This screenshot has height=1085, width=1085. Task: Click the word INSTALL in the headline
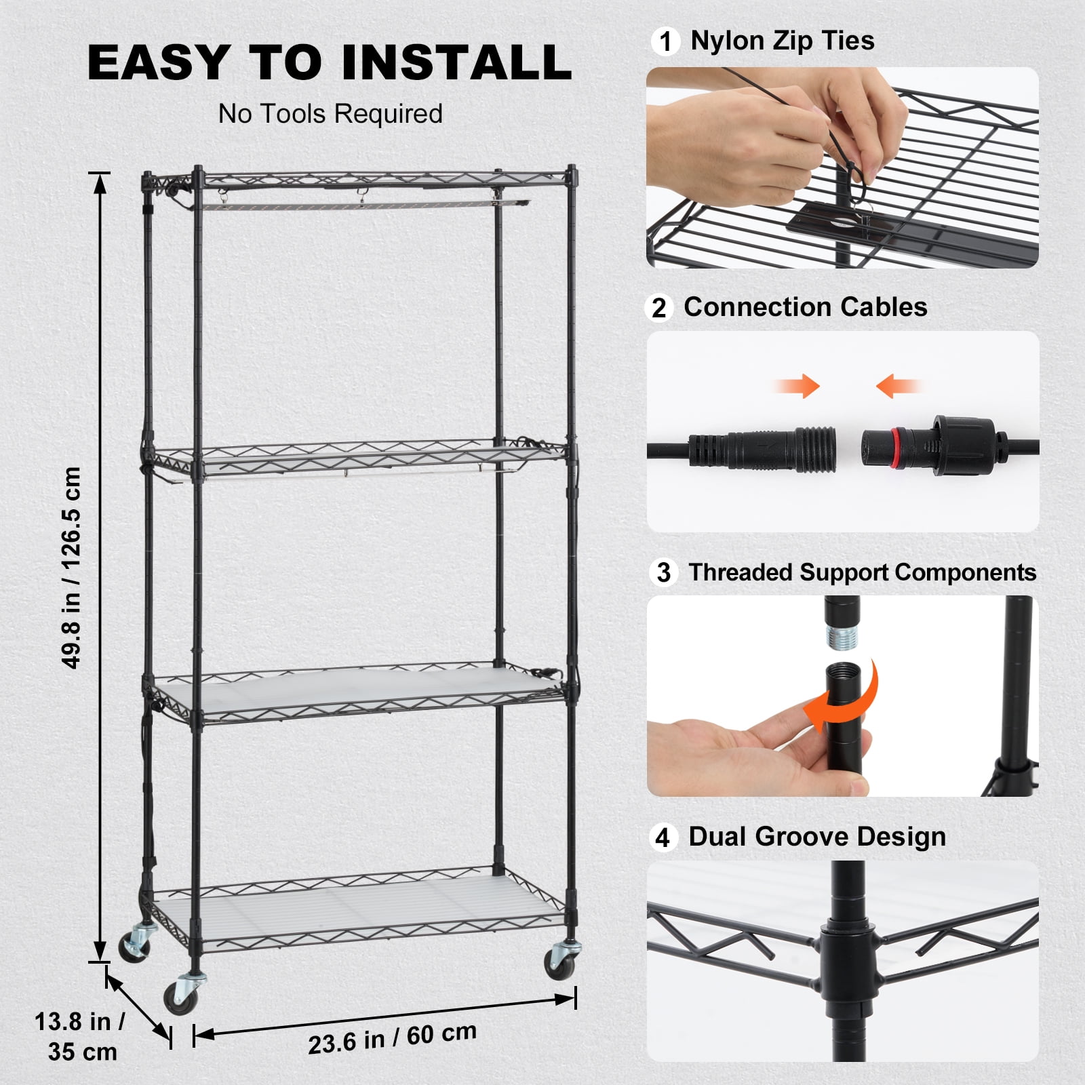(456, 62)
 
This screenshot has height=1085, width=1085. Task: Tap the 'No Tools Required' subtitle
(330, 114)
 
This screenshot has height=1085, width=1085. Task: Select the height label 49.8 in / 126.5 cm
(72, 567)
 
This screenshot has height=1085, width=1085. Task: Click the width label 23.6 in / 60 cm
(392, 1038)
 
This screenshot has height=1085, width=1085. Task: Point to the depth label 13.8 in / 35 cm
(80, 1037)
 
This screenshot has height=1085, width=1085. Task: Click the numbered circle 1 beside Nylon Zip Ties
(665, 41)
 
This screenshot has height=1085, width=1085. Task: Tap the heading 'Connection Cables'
(805, 307)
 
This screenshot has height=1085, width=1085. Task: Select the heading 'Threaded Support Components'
(862, 572)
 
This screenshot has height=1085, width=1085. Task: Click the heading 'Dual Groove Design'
(816, 837)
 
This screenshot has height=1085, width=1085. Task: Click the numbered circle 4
(663, 838)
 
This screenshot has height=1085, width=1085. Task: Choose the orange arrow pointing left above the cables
(895, 387)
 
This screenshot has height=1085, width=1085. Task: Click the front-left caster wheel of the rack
(180, 995)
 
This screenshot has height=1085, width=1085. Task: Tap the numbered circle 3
(664, 572)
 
